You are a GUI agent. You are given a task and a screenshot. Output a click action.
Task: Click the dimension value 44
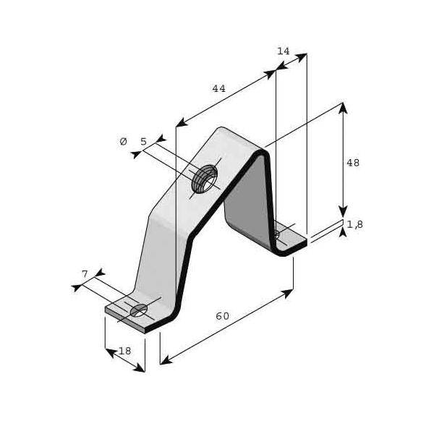[218, 89]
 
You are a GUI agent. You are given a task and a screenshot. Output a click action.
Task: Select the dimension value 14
[283, 51]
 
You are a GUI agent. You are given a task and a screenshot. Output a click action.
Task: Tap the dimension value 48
[352, 163]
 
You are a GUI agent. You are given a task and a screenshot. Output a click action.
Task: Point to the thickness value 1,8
[354, 225]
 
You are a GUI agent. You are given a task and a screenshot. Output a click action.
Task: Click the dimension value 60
[222, 316]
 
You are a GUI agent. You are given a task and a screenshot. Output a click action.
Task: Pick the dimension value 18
[125, 351]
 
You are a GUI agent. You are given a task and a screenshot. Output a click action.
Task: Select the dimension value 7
[85, 273]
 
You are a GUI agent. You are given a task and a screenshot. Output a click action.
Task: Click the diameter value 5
[143, 142]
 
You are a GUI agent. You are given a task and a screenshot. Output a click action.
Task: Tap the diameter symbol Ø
[123, 142]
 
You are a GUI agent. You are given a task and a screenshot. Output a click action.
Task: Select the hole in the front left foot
[138, 310]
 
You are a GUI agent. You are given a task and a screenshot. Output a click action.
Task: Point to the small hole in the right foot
[276, 234]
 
